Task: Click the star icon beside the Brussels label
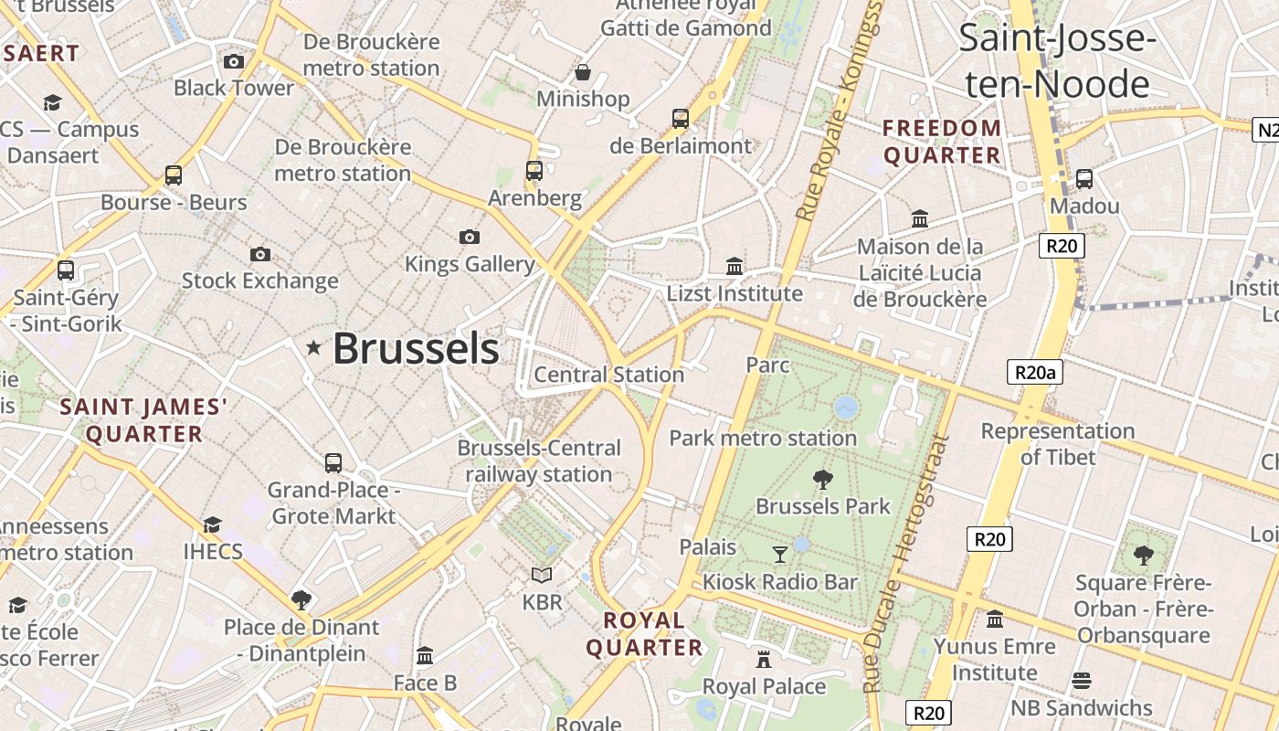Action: (x=313, y=347)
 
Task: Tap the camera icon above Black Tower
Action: (x=234, y=61)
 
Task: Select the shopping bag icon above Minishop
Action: (x=583, y=72)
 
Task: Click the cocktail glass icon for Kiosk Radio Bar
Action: (x=780, y=554)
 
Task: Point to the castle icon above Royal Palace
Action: (x=764, y=659)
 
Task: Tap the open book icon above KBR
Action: (x=542, y=575)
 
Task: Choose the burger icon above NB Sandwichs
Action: (x=1082, y=680)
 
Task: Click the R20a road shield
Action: (x=1035, y=372)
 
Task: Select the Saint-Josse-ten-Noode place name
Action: (x=1057, y=62)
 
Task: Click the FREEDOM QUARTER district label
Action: (x=942, y=142)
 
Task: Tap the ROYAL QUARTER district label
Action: (x=644, y=634)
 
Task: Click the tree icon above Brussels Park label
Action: (x=823, y=479)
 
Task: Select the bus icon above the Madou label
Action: (x=1084, y=179)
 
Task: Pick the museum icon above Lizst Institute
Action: (x=735, y=266)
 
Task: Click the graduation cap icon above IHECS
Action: (x=213, y=524)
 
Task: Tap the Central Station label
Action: (x=608, y=375)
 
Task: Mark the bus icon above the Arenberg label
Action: (x=534, y=171)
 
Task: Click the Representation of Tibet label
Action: (x=1057, y=443)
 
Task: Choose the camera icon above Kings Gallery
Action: (x=470, y=238)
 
